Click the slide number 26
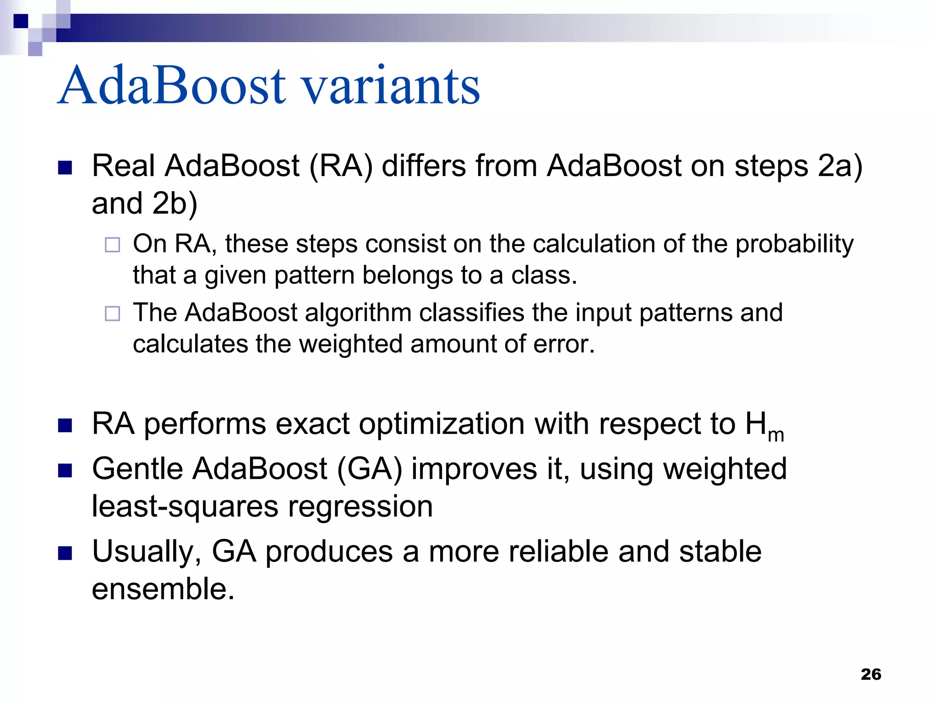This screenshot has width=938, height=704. click(871, 674)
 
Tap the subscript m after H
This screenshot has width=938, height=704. click(776, 435)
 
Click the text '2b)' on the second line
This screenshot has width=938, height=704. click(175, 203)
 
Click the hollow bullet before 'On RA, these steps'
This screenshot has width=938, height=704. click(112, 245)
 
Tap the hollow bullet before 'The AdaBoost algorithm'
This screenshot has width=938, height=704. click(112, 313)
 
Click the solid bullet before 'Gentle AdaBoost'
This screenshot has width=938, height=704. click(65, 471)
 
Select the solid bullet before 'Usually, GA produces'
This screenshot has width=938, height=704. click(65, 553)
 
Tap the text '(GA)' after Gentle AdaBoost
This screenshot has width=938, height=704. click(369, 469)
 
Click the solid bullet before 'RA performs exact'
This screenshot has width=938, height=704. click(65, 426)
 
